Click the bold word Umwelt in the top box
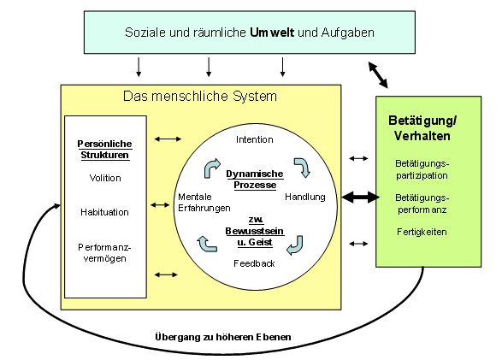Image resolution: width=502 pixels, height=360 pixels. pos(272,32)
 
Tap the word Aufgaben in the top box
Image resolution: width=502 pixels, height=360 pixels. pos(348,32)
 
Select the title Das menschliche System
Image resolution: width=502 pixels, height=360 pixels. pos(200,97)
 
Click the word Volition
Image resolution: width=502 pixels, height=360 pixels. pos(105,178)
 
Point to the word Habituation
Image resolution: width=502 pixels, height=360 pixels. pos(104,212)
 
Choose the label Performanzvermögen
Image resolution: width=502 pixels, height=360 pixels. pos(104,253)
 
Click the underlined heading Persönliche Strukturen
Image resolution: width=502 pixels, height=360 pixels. pos(104,150)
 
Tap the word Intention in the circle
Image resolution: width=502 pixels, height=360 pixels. pos(255,139)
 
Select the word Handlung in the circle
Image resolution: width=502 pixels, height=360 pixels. pos(305,197)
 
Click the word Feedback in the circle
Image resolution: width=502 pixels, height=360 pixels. pos(254,263)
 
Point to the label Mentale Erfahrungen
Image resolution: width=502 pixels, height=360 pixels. pos(204,203)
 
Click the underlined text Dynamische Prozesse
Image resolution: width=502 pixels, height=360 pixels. pos(255,180)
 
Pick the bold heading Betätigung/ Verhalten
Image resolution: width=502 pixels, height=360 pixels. pos(422,128)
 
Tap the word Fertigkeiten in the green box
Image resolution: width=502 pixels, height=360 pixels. pos(422,232)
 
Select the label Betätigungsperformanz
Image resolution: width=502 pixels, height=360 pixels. pos(422,204)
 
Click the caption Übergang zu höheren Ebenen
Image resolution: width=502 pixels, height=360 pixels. pos(223,337)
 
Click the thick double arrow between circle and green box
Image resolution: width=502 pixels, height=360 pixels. pos(361,198)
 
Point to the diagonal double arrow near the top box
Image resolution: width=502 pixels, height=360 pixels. pos(378,75)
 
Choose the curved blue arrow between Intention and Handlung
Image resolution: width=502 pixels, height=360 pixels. pos(303,167)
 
